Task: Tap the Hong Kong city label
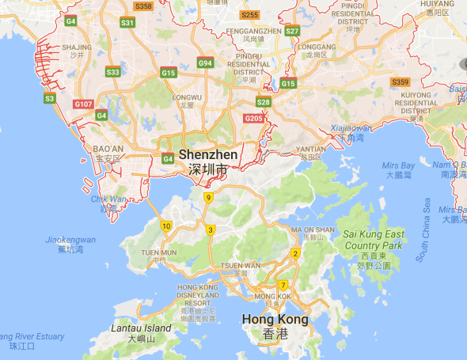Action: click(x=274, y=320)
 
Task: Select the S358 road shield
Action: click(x=143, y=6)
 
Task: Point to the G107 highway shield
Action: click(x=82, y=104)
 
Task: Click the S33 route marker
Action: click(x=112, y=72)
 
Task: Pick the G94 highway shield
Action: click(x=205, y=63)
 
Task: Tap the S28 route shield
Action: click(x=264, y=102)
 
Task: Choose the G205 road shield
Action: click(x=253, y=119)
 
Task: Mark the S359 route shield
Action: click(x=400, y=81)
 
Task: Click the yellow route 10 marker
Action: click(x=166, y=226)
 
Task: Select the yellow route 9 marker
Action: click(x=208, y=198)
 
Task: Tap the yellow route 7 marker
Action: click(x=282, y=286)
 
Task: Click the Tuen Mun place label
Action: click(x=159, y=252)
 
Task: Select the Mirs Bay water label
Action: click(x=398, y=165)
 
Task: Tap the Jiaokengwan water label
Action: click(x=70, y=240)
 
